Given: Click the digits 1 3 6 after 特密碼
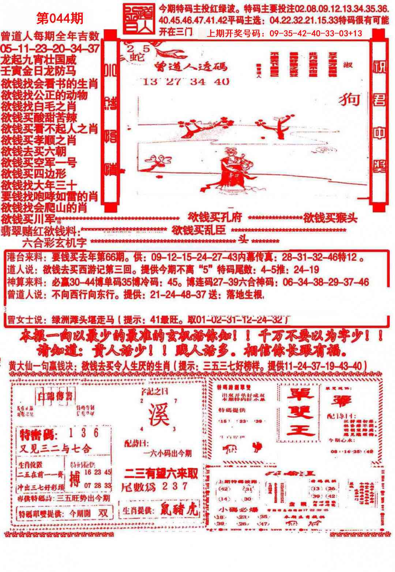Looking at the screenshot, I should point(84,433).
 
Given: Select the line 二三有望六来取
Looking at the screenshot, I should point(161,474).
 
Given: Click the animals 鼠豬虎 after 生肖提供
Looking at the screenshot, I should point(179,509).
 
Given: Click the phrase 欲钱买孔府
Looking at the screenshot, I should point(215,217).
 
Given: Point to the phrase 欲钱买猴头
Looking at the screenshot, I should point(330,218).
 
